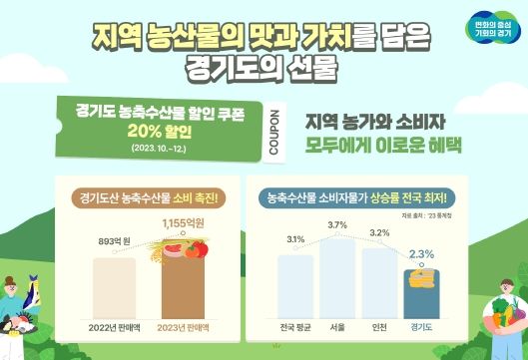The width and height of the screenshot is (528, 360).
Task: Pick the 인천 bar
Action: [x=379, y=285]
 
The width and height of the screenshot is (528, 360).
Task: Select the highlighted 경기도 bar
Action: [x=421, y=294]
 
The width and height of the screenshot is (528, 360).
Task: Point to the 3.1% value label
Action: [x=295, y=240]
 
